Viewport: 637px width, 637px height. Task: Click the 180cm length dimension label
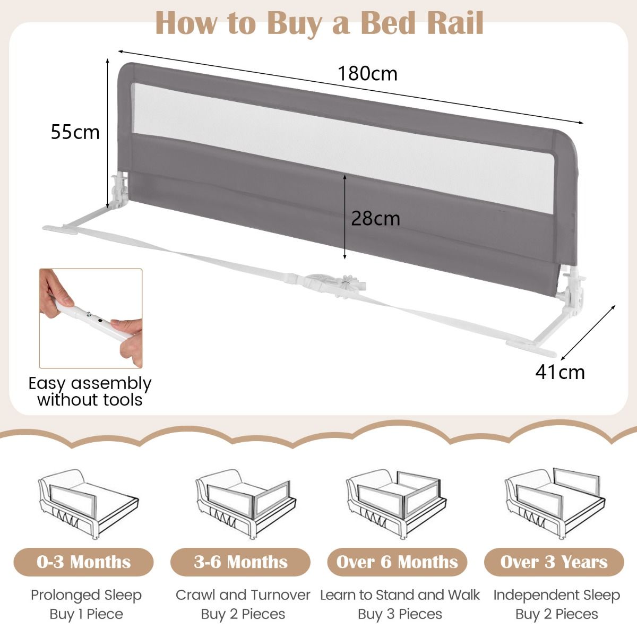[367, 73]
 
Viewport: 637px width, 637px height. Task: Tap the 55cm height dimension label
[75, 132]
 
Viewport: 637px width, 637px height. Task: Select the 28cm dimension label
[375, 218]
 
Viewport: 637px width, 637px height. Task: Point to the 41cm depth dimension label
[559, 372]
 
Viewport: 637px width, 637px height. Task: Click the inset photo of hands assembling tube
[91, 318]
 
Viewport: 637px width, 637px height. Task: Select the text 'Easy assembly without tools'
[90, 391]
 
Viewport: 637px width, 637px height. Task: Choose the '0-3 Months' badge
[84, 562]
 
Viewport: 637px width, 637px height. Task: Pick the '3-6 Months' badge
[240, 562]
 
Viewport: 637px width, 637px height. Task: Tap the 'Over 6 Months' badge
[397, 562]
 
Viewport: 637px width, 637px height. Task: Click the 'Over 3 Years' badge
[554, 562]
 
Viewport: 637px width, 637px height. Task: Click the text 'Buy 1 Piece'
[86, 614]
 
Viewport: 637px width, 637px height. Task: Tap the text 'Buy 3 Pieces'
[400, 614]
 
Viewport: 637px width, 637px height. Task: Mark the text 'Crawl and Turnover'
[243, 595]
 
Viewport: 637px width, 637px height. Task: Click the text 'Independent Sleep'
[556, 595]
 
